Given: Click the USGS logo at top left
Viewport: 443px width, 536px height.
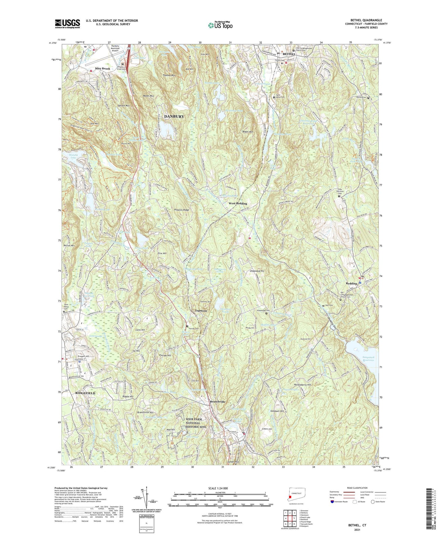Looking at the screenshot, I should (67, 24).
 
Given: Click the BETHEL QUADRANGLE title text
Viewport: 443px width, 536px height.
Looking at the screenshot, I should (366, 20).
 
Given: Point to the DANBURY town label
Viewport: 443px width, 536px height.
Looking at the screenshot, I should (174, 116).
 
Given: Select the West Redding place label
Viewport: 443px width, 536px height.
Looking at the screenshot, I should (238, 204).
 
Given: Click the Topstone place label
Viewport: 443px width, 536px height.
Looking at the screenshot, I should (201, 311).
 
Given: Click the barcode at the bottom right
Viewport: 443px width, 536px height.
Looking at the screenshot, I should (429, 508).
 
